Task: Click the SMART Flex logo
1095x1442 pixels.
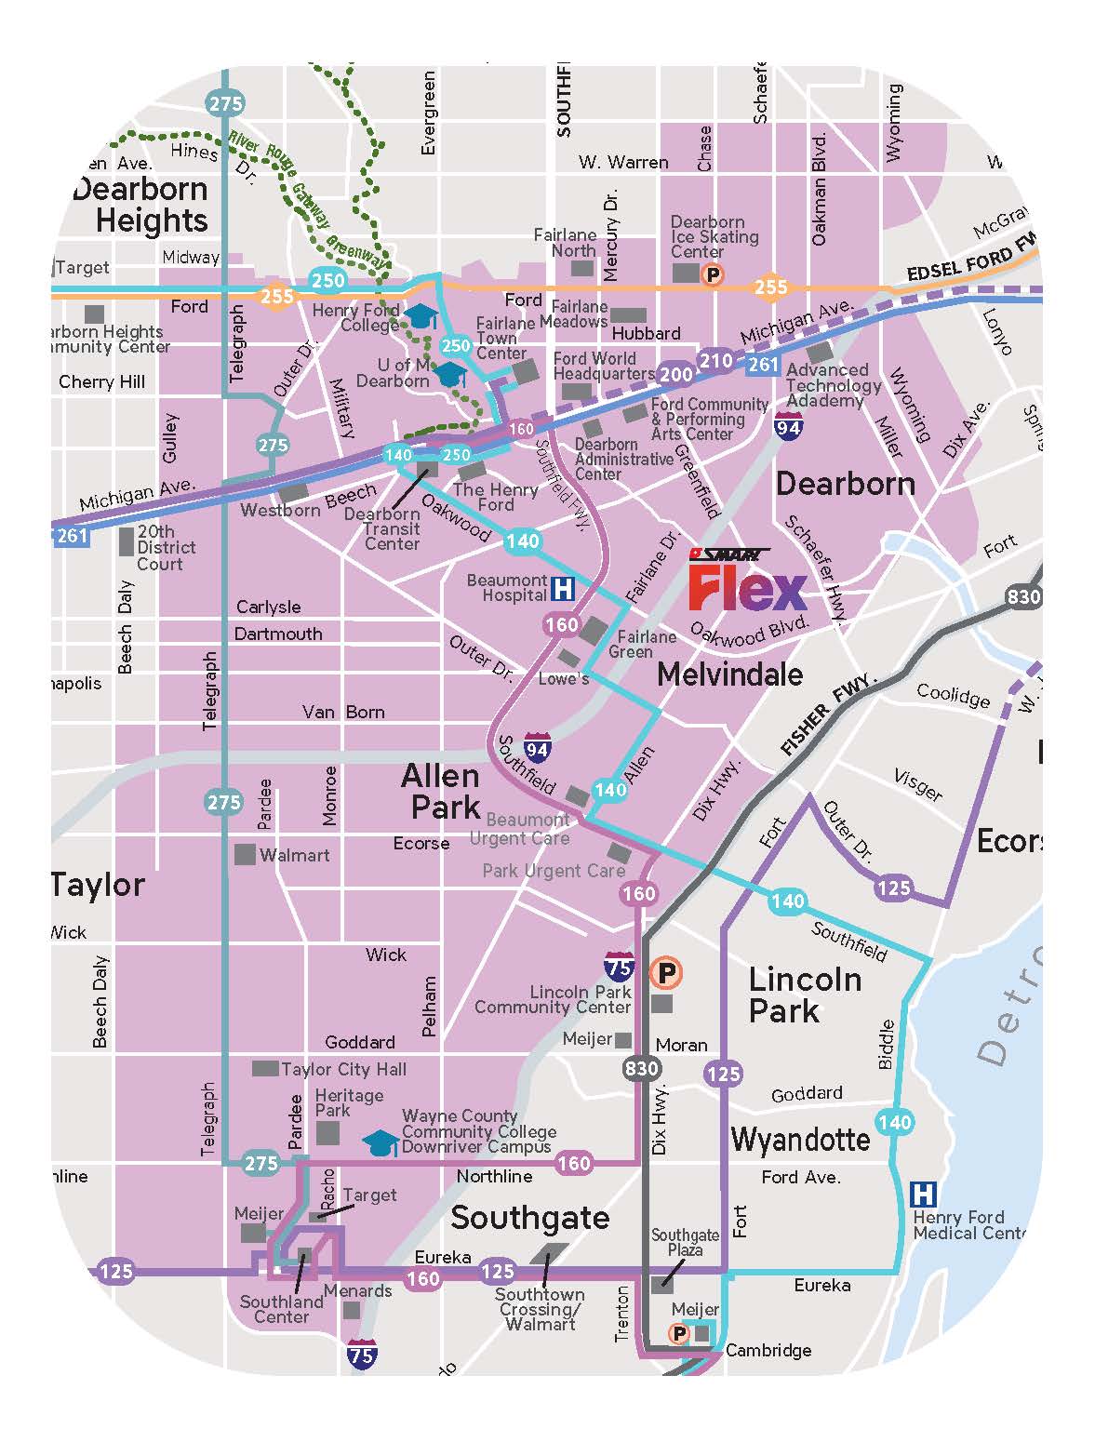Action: coord(747,581)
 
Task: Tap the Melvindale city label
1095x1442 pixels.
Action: coord(729,674)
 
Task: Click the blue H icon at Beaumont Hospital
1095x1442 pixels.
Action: coord(563,589)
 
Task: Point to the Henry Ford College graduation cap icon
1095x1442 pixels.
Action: coord(423,316)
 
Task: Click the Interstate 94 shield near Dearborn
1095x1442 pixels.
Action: coord(789,426)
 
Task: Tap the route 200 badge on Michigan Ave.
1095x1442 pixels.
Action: coord(676,374)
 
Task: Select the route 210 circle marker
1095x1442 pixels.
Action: coord(716,361)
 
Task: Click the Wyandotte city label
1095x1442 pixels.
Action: coord(800,1139)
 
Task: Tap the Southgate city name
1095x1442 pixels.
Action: coord(530,1217)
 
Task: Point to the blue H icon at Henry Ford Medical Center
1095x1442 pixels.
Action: coord(923,1194)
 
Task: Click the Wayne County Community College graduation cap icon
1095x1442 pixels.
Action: coord(381,1142)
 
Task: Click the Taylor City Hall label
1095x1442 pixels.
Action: coord(343,1069)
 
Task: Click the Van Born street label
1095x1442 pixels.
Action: coord(343,712)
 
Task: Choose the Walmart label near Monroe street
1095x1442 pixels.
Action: coord(294,855)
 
